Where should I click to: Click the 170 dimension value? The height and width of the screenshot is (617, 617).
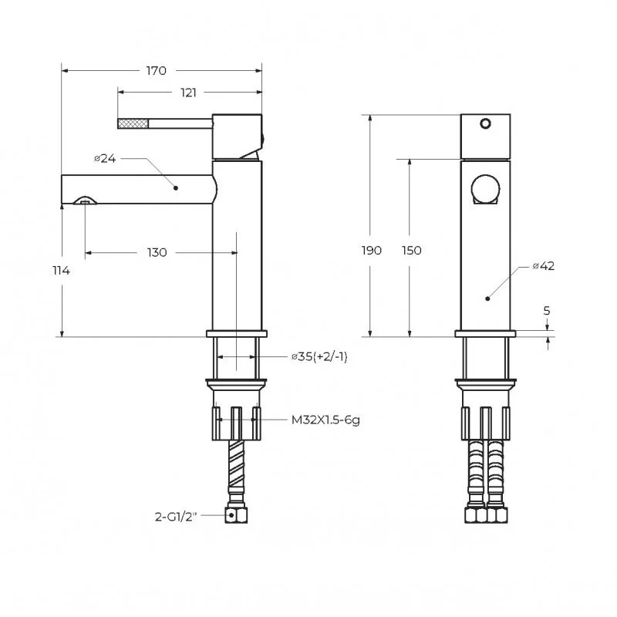pos(157,71)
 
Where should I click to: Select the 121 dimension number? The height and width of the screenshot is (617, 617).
pos(188,93)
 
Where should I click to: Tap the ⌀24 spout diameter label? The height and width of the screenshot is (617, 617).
pos(105,159)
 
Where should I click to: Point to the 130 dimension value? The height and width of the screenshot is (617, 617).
pos(157,252)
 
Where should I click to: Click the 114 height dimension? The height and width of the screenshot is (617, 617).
pos(62,271)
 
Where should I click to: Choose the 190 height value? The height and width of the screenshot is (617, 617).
pos(372,250)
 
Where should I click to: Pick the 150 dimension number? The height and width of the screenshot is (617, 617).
pos(412,250)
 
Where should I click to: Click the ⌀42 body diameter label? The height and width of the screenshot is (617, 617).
pos(544,266)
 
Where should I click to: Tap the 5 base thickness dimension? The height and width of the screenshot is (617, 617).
pos(547,311)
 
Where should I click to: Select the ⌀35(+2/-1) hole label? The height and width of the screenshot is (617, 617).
pos(319,357)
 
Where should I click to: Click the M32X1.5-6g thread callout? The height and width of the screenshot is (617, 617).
pos(325,420)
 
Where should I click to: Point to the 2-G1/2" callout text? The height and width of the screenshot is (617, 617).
pos(176,517)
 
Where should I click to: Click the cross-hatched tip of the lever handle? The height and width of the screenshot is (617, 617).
pos(133,123)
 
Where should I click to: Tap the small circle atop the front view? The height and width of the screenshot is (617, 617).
pos(485,123)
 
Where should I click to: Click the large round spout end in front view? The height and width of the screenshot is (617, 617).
pos(486,188)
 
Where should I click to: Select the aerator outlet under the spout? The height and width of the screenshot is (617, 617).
pos(85,201)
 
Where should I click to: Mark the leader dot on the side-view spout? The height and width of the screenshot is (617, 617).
pos(176,188)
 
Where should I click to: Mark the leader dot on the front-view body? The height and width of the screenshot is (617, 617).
pos(487,298)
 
